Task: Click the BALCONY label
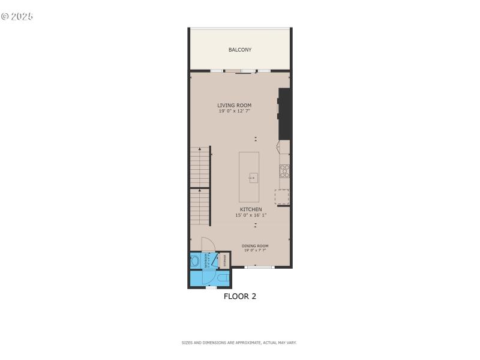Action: [240, 50]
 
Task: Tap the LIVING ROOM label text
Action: [234, 106]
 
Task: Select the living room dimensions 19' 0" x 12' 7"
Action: [234, 111]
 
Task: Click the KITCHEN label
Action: [251, 209]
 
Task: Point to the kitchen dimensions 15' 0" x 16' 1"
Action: [251, 215]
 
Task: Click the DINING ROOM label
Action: [255, 246]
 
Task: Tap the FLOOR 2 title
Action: [240, 296]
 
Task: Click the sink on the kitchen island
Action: [253, 178]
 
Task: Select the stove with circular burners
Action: [284, 171]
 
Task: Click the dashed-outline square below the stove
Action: [281, 197]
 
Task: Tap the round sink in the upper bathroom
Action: [196, 262]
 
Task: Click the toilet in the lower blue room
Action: [221, 278]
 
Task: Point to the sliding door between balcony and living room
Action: [242, 72]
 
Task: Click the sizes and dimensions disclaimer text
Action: [239, 343]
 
